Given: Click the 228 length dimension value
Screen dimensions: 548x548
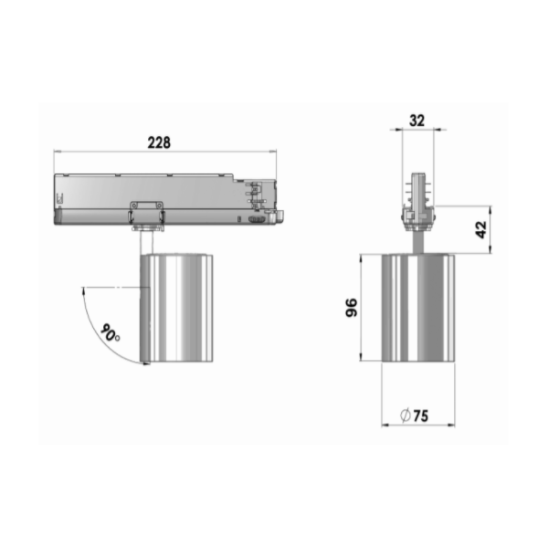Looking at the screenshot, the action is pyautogui.click(x=159, y=142).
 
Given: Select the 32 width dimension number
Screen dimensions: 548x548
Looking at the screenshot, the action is pyautogui.click(x=417, y=121).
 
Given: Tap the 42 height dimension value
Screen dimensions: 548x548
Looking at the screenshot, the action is pyautogui.click(x=481, y=229).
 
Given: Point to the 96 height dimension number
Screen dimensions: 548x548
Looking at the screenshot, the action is pyautogui.click(x=352, y=308).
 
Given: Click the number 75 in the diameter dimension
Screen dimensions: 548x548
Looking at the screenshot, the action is pyautogui.click(x=421, y=416).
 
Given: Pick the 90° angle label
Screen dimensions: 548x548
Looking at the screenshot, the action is pyautogui.click(x=111, y=332).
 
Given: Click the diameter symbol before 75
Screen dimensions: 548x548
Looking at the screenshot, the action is pyautogui.click(x=405, y=416).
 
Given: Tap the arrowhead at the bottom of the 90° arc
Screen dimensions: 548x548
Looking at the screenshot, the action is pyautogui.click(x=147, y=364).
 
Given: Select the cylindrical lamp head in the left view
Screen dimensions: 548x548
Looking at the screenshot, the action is pyautogui.click(x=176, y=308).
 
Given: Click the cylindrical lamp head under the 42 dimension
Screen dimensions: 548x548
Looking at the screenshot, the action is pyautogui.click(x=418, y=308).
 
